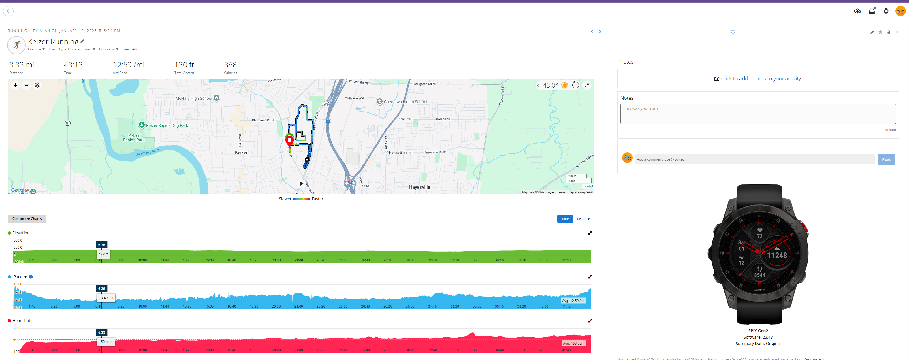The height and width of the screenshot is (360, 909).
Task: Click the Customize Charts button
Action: (x=27, y=219)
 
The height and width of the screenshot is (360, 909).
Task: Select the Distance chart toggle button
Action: (x=583, y=219)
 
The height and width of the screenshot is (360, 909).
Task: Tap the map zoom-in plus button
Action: (x=15, y=85)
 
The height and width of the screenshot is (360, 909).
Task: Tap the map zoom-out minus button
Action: (x=26, y=85)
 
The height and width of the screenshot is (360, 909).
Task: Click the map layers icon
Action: (x=37, y=85)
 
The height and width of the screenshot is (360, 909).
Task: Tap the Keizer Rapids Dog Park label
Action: (x=167, y=125)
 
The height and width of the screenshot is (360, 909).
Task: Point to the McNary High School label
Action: (x=194, y=99)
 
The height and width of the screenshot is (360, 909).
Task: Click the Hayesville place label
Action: (x=419, y=187)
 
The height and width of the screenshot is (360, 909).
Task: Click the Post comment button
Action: (x=886, y=159)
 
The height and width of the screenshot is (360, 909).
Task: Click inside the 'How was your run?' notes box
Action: (x=758, y=114)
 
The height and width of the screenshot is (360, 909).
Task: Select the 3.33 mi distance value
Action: (x=22, y=65)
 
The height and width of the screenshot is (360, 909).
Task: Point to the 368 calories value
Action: (x=230, y=65)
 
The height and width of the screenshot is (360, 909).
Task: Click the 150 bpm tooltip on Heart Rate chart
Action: (x=106, y=342)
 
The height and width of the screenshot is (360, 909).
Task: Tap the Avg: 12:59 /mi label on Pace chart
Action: (x=573, y=301)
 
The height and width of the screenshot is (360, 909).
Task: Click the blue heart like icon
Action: (x=733, y=32)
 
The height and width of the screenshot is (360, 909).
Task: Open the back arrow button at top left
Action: (x=8, y=11)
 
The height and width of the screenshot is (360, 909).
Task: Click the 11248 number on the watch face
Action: (x=777, y=256)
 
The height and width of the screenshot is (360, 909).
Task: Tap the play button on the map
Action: (x=301, y=184)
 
